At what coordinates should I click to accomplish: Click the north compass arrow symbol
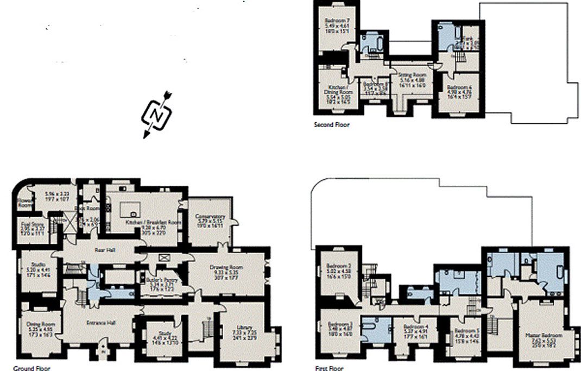point(156,114)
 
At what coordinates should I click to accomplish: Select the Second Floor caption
point(332,125)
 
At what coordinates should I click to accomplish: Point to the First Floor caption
point(330,368)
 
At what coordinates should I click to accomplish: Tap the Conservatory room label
point(210,217)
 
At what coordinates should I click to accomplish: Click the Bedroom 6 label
point(459,87)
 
